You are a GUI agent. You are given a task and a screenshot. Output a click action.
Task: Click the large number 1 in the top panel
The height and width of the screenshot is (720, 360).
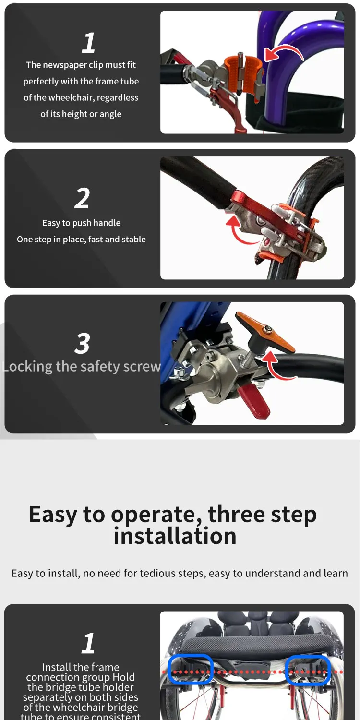tap(88, 43)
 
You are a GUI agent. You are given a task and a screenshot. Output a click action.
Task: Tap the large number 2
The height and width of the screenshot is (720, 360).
tap(82, 198)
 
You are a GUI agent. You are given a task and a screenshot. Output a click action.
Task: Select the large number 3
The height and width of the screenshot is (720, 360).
tap(82, 343)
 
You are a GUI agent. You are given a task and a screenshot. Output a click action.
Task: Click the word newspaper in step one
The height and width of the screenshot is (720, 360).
tap(67, 65)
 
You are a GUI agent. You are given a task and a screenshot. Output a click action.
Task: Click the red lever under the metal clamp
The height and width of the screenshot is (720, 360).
tap(254, 401)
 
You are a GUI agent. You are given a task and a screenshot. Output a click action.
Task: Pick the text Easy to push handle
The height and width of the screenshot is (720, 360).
tap(81, 223)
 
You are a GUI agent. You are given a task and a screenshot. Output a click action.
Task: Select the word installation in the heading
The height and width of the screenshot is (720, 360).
tap(175, 536)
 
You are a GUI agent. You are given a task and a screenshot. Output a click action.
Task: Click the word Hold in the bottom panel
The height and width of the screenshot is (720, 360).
tap(123, 677)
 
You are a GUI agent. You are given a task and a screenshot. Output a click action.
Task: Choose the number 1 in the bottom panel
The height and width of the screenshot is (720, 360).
tap(88, 643)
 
